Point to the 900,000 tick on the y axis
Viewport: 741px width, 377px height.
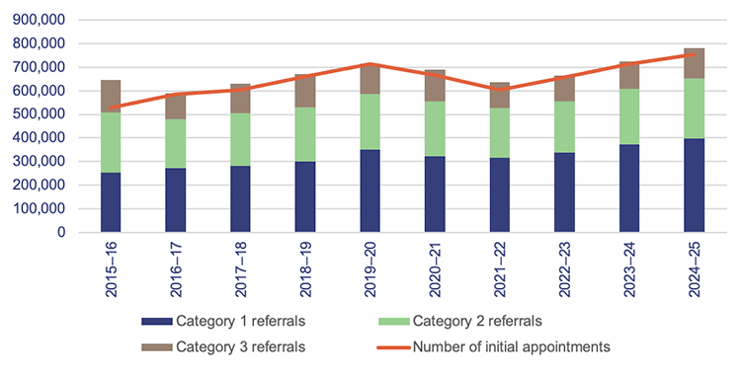point(39,20)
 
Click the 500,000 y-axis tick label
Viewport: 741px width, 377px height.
point(39,114)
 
